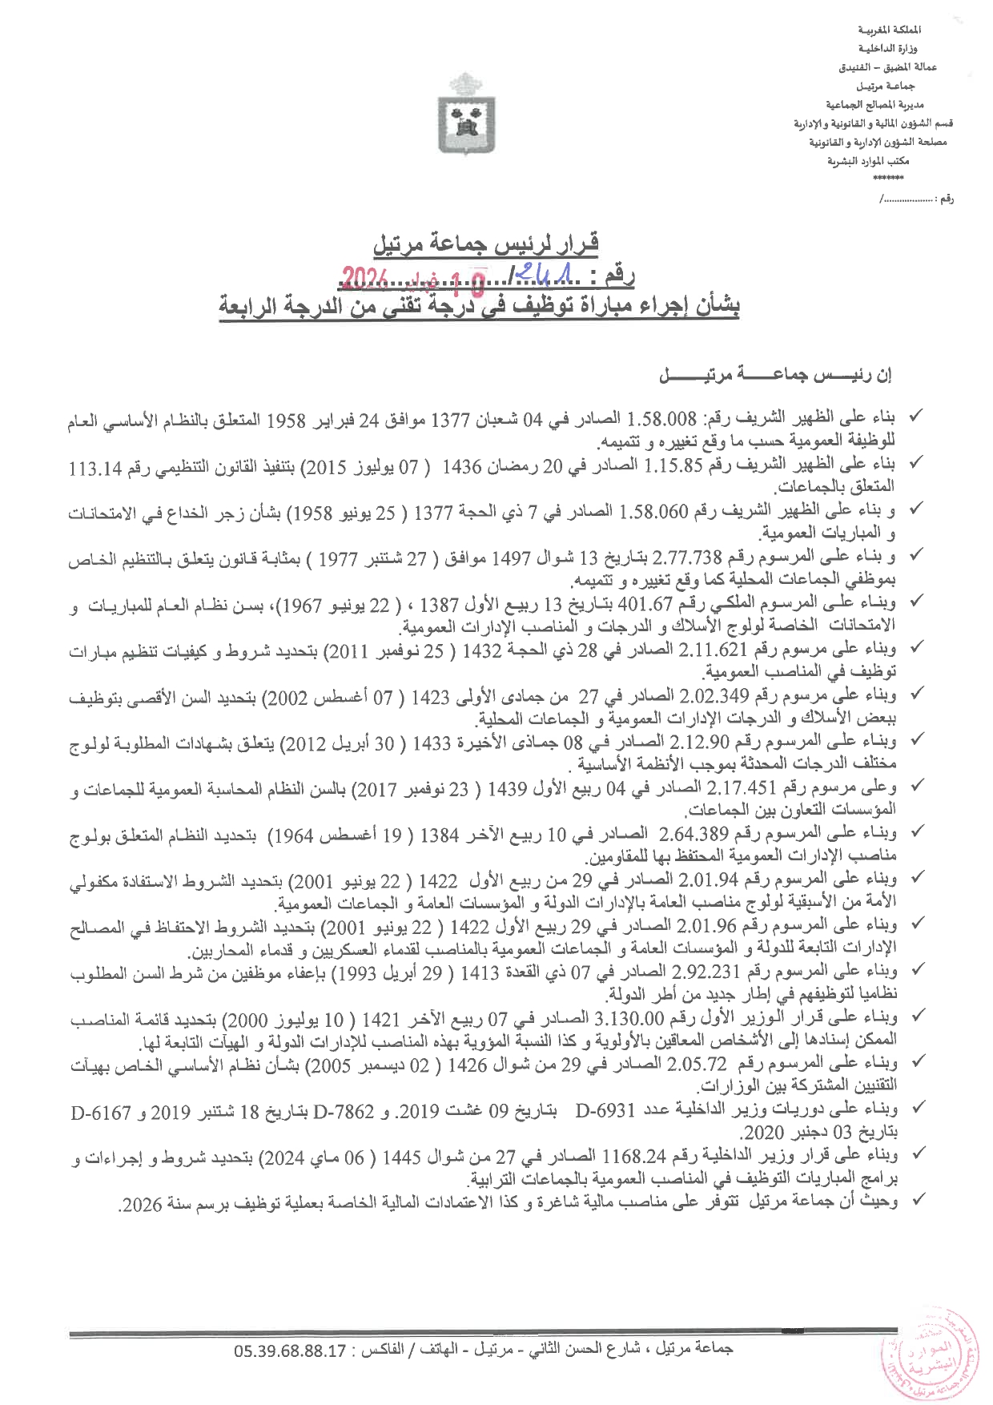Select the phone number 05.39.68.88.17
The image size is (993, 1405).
point(290,1349)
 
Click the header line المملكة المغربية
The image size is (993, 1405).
point(889,30)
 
